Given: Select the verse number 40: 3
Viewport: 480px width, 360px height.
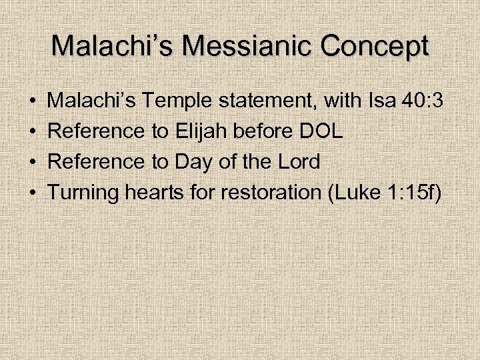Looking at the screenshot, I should click(425, 101).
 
